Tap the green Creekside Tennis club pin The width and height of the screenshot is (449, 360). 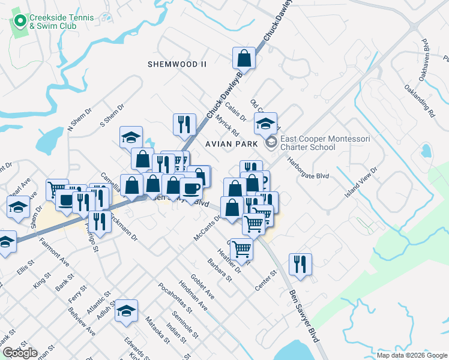[x=20, y=22]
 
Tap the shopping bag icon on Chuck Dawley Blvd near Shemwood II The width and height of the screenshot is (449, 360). [x=244, y=59]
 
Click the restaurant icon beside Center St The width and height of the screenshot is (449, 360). [x=300, y=264]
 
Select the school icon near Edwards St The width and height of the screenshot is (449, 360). [x=127, y=311]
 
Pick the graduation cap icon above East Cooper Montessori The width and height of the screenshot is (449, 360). [x=265, y=124]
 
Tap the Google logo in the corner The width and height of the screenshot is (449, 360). [x=20, y=353]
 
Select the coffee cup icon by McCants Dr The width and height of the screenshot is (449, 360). [x=191, y=188]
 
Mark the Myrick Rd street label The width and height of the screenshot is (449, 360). [x=228, y=125]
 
